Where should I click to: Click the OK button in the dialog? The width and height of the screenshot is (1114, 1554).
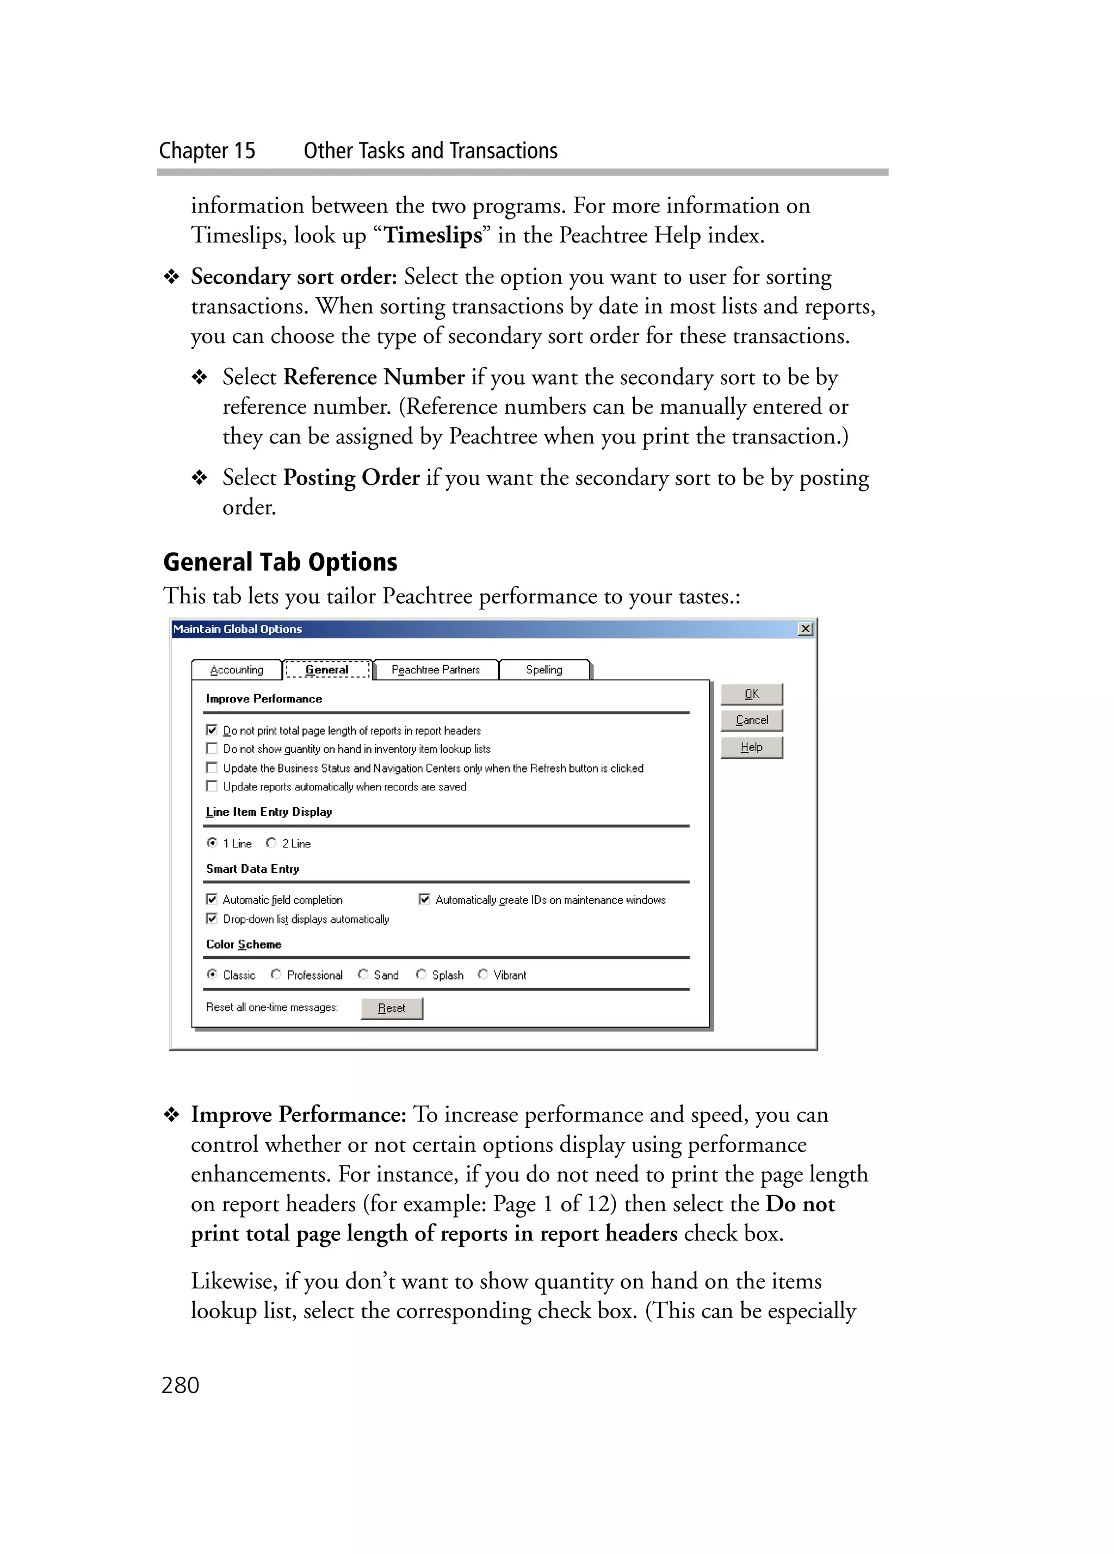751,694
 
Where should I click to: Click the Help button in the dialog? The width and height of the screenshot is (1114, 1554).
751,747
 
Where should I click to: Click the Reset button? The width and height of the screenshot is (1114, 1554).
392,1008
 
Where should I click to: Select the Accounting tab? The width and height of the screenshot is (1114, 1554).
237,670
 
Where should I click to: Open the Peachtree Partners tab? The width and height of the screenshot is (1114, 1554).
435,670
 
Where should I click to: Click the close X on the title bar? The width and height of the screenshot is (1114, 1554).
806,628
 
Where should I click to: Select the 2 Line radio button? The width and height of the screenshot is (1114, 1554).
271,843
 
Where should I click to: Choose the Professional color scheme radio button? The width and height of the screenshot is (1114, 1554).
276,975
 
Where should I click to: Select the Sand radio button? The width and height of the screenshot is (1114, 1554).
363,975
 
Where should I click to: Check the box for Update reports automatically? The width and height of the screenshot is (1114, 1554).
212,786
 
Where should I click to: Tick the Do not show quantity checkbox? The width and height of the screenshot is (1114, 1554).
212,748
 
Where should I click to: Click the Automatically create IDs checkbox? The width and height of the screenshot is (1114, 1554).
424,899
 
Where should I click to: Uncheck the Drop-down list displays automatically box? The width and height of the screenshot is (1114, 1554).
212,918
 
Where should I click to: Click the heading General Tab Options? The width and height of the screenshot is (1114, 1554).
280,562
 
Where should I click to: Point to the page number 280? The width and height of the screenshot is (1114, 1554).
180,1385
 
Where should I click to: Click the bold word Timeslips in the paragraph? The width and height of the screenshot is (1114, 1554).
432,235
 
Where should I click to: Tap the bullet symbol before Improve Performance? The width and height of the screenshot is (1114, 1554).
171,1115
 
